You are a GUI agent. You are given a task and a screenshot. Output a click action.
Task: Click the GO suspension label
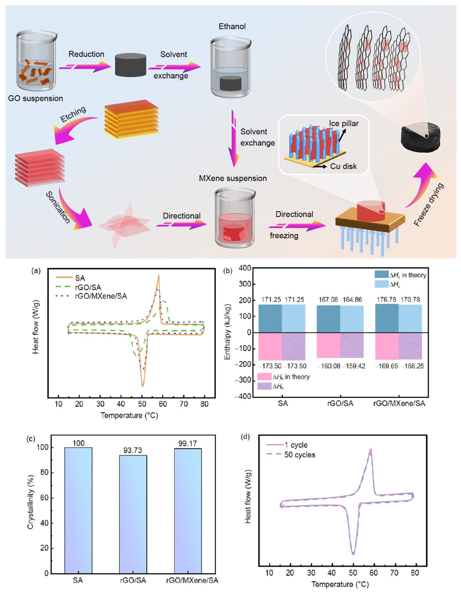click(x=35, y=98)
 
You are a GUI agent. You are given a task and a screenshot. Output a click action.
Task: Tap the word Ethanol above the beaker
click(x=232, y=27)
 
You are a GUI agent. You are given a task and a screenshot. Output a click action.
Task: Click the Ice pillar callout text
click(x=343, y=124)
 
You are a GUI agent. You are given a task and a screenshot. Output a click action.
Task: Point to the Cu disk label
click(x=343, y=166)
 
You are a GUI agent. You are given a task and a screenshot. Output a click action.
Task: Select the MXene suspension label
click(x=233, y=178)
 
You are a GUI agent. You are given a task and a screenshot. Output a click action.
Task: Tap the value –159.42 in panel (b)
click(x=354, y=366)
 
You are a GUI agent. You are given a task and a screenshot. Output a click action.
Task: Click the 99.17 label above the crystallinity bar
click(x=187, y=443)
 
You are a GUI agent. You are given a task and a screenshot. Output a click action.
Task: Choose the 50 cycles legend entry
click(x=299, y=455)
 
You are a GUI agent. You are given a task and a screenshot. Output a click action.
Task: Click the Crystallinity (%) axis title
click(x=30, y=502)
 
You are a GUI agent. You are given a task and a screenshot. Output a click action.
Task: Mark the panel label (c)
click(x=31, y=439)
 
